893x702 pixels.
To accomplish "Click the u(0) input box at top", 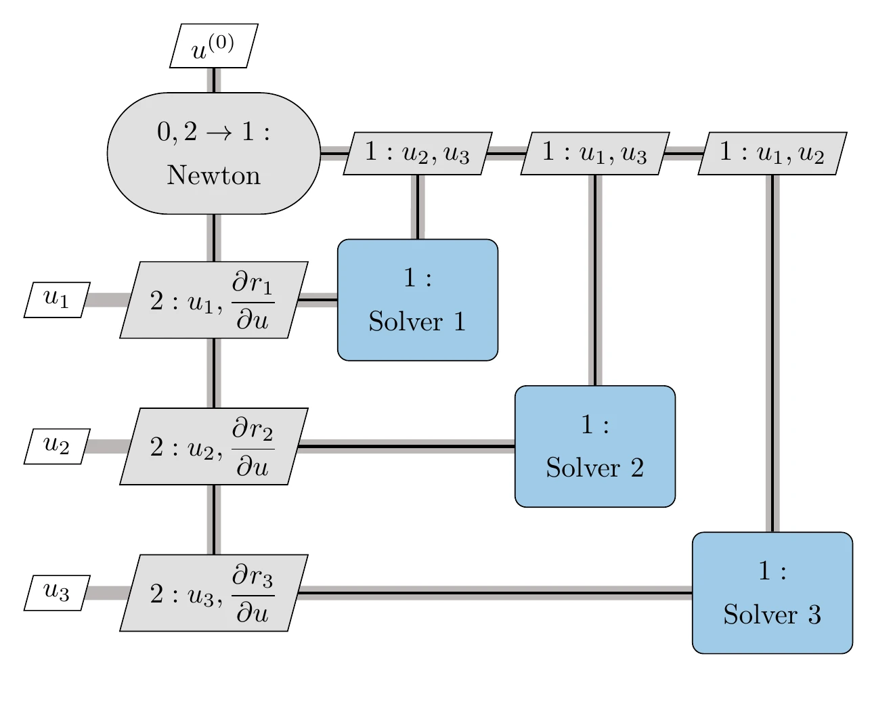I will (213, 46).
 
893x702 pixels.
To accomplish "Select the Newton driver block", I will (213, 154).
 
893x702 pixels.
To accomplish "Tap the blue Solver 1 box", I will (418, 300).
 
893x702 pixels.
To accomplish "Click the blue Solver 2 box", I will (595, 446).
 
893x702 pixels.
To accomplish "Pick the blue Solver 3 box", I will (772, 593).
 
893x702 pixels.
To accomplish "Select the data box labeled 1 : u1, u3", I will (595, 154).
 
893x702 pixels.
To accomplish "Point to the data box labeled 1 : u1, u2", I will (772, 154).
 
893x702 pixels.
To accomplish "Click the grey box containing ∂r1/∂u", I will (213, 300).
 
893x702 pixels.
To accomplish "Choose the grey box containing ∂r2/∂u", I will (213, 446).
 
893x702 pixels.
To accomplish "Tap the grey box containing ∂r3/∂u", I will (213, 593).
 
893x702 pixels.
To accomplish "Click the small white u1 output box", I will (57, 300).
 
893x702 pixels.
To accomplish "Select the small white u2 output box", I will (57, 446).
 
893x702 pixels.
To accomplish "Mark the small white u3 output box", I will (57, 593).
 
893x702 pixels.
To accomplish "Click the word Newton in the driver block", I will (213, 175).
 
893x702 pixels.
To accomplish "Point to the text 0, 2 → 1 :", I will (213, 132).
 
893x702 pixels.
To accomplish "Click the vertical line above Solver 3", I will (772, 352).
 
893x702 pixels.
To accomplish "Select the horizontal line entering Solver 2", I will (406, 446).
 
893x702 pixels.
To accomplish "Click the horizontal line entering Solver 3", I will (494, 593).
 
